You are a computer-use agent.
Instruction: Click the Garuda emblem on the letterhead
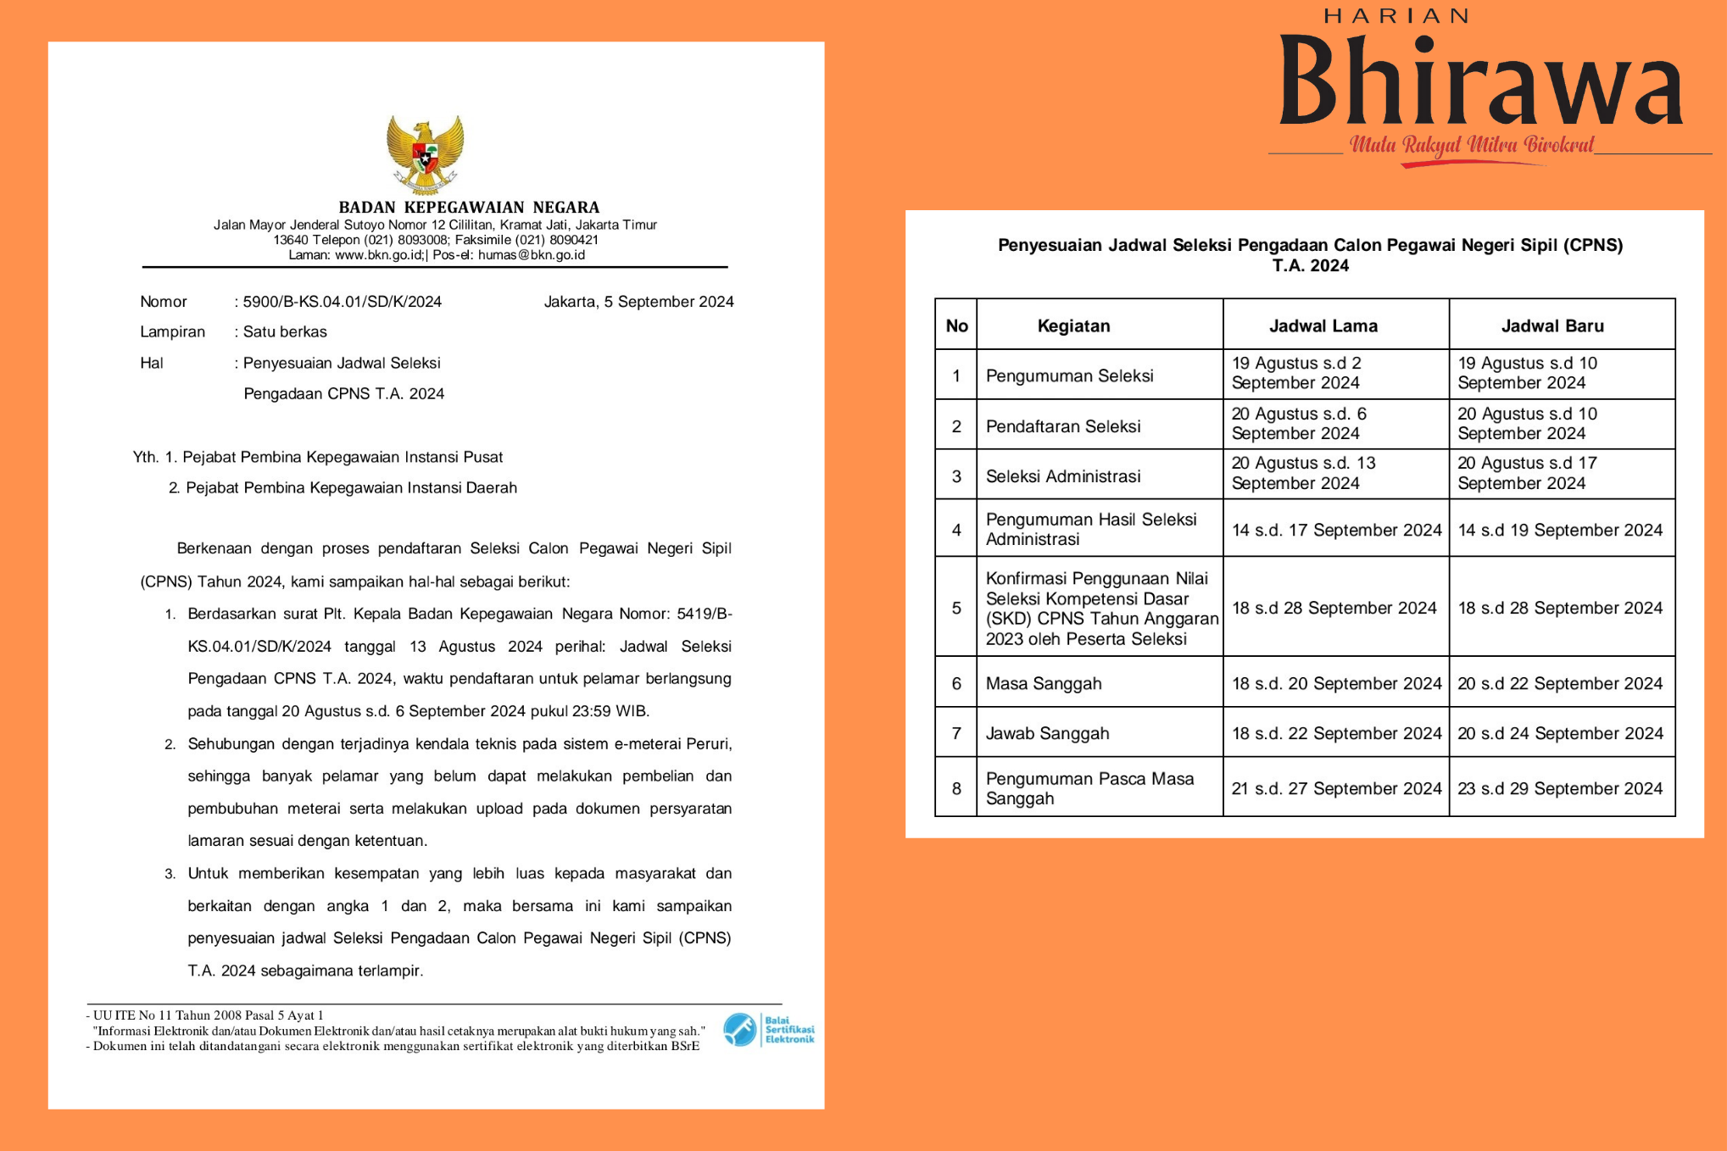click(425, 155)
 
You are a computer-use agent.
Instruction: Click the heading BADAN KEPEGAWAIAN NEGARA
click(469, 208)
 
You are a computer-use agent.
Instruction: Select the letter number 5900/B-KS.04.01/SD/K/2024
click(342, 302)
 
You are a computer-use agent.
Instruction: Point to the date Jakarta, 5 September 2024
click(638, 302)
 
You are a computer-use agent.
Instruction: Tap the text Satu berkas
click(285, 332)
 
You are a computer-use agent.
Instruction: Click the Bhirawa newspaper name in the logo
click(1480, 83)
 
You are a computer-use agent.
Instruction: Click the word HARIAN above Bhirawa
click(1396, 16)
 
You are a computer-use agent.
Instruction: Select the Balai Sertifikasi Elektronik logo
click(768, 1030)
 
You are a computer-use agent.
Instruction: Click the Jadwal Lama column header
click(1323, 326)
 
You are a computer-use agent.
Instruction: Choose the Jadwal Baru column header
click(1552, 326)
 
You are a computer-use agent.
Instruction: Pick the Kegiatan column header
click(1073, 326)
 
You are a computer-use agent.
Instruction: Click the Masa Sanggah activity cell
click(1044, 684)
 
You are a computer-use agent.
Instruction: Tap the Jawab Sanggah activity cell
click(1047, 734)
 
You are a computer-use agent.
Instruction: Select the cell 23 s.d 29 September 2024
click(1560, 789)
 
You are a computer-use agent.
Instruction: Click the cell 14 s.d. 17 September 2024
click(1336, 531)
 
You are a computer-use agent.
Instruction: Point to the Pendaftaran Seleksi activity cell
click(1063, 426)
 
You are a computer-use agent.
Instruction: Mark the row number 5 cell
click(956, 609)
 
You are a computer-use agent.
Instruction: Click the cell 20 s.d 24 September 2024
click(1560, 734)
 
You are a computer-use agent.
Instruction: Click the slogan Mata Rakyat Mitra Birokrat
click(1472, 145)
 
